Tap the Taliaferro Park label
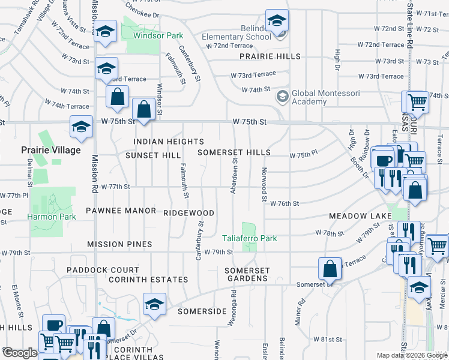pos(250,238)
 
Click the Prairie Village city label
pos(50,150)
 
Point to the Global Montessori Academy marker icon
pos(282,96)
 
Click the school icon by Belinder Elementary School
pos(277,22)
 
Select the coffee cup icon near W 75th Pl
pos(384,160)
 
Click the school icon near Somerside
pos(154,304)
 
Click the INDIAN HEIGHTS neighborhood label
pos(169,142)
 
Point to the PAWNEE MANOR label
pos(121,211)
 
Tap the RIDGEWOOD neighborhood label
pos(188,212)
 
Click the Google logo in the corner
pos(20,353)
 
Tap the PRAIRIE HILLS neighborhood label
pos(270,56)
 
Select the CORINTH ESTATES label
pos(148,280)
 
